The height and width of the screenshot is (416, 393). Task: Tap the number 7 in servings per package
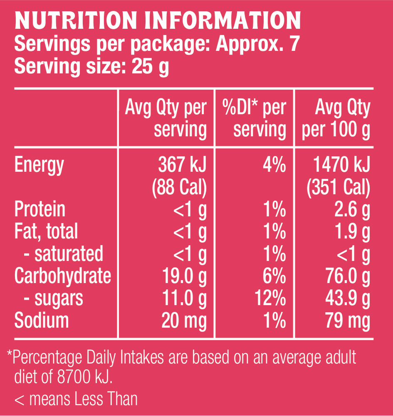point(294,44)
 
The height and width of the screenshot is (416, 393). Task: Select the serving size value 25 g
point(150,66)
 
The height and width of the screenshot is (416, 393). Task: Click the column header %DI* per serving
point(255,119)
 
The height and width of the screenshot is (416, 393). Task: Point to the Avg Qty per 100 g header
point(336,119)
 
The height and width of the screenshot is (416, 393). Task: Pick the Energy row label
point(39,165)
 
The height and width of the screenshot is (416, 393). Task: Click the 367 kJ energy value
point(182,165)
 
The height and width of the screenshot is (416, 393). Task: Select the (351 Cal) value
point(338,188)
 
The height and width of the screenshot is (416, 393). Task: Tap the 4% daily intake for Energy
point(274,165)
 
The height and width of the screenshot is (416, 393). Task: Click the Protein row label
point(40,210)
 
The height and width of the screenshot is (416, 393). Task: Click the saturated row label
point(69,254)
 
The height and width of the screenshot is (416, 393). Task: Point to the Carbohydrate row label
point(63,276)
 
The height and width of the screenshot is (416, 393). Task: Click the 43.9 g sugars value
point(347,298)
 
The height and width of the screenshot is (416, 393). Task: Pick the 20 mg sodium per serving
point(184,321)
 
